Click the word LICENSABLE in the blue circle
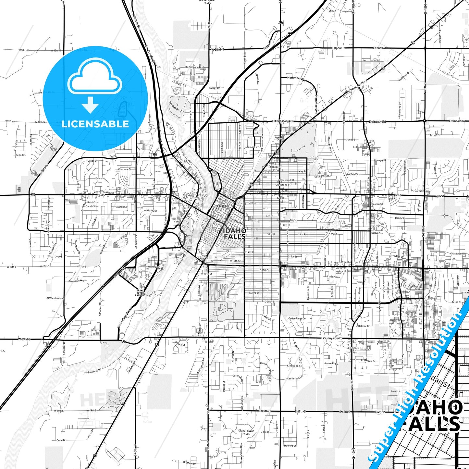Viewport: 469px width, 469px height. (95, 124)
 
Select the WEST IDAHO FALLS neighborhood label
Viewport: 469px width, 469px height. (101, 193)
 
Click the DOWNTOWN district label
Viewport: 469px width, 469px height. (223, 206)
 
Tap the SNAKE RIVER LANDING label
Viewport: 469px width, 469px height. (140, 293)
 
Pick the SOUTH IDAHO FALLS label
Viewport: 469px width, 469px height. (246, 432)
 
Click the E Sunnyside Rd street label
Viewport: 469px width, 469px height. (332, 338)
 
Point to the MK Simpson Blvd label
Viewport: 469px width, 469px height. (194, 67)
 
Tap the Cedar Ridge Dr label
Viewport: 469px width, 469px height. (297, 318)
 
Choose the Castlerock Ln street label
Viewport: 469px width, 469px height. (294, 378)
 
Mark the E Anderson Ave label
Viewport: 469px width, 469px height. (282, 121)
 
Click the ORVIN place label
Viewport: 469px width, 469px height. (332, 11)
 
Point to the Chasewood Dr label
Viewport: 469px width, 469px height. (458, 253)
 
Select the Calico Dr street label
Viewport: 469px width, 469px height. (93, 161)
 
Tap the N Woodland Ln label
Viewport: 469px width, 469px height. (55, 298)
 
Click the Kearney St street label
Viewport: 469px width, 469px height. (379, 160)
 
